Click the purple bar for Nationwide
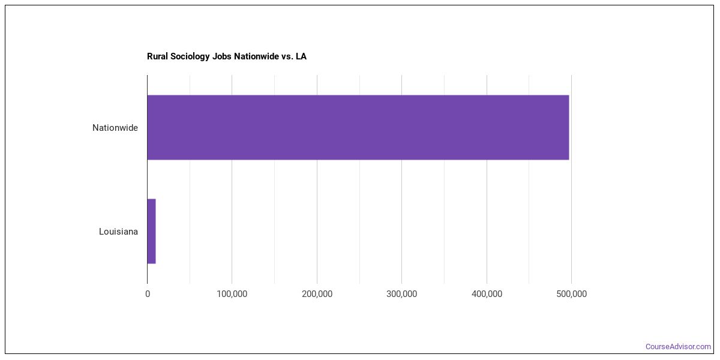[x=358, y=127]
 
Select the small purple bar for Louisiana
[x=151, y=231]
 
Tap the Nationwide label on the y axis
[x=115, y=128]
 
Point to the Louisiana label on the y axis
[x=118, y=232]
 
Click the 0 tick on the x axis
[x=148, y=294]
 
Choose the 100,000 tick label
[x=232, y=294]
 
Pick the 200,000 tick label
[x=317, y=294]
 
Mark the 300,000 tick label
[x=402, y=294]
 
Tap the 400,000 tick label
[x=487, y=294]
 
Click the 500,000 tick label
[x=571, y=294]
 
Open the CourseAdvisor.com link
[x=678, y=347]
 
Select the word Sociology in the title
[x=190, y=56]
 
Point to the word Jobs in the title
[x=223, y=56]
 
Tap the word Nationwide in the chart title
[x=259, y=56]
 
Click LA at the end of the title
[x=301, y=56]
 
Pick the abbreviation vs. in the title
[x=287, y=56]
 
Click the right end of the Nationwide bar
[x=568, y=127]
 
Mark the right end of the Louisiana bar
[x=155, y=231]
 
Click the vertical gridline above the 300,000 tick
[x=402, y=180]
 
